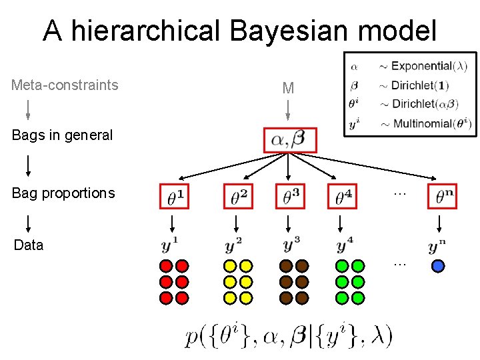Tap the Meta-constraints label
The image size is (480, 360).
tap(65, 85)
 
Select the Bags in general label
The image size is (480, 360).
tap(62, 135)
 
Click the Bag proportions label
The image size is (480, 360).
tap(63, 193)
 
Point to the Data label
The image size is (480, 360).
tap(29, 245)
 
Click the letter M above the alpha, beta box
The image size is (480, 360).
tap(288, 88)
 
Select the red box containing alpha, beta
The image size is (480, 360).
tap(290, 139)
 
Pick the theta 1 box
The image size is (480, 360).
tap(175, 196)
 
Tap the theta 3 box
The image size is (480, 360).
tap(290, 196)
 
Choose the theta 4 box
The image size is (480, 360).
tap(343, 196)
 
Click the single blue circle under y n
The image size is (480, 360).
tap(438, 265)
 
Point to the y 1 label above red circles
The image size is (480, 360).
tap(171, 245)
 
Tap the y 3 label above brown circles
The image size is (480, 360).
tap(292, 245)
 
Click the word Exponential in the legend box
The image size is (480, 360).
tap(421, 66)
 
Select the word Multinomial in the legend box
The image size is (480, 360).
tap(423, 123)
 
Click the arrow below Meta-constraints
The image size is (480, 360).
tap(28, 109)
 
